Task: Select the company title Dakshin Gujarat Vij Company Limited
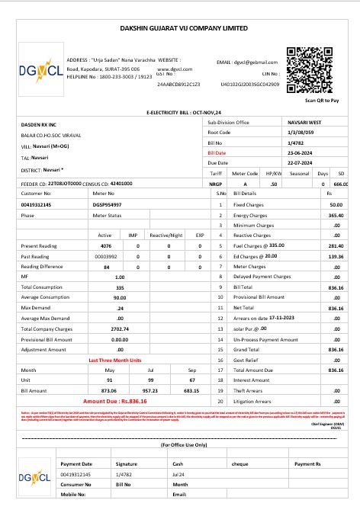[x=184, y=27]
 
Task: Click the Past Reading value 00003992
[x=106, y=257]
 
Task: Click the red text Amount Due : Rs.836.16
[x=114, y=400]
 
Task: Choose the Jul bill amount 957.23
[x=149, y=389]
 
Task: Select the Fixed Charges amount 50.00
[x=336, y=205]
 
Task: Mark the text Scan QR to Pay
[x=321, y=100]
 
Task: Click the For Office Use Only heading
[x=183, y=444]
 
